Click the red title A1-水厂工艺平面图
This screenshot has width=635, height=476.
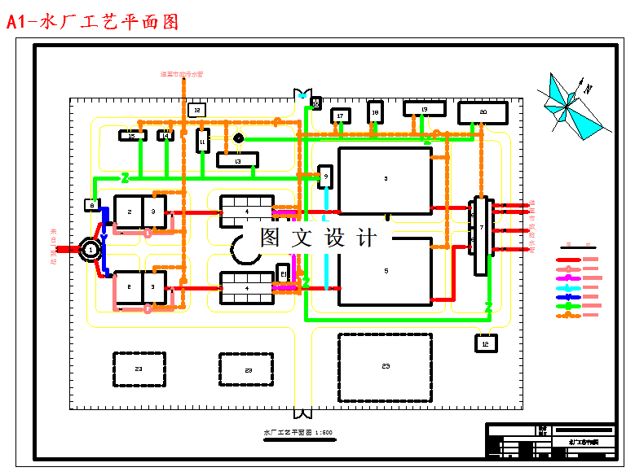coord(93,22)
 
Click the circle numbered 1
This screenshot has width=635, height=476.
coord(90,250)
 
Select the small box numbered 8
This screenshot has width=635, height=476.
coord(92,205)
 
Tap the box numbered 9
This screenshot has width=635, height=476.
coord(325,176)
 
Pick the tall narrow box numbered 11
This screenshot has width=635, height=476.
coord(202,142)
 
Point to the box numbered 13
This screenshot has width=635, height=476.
coord(237,160)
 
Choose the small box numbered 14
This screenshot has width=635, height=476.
coord(166,136)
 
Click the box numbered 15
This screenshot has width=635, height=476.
coord(132,136)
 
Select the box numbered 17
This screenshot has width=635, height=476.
coord(341,117)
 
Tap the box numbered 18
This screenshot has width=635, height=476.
coord(375,112)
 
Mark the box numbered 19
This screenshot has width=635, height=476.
coord(425,109)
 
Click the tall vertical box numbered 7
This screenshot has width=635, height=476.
coord(482,236)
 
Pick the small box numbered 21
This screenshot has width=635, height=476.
coord(283,273)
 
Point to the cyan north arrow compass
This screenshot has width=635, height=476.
coord(569,104)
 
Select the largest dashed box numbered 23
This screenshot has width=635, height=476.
coord(385,367)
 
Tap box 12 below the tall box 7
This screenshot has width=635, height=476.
coord(486,343)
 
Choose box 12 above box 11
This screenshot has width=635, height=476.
coord(196,110)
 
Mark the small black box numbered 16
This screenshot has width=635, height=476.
coord(315,103)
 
